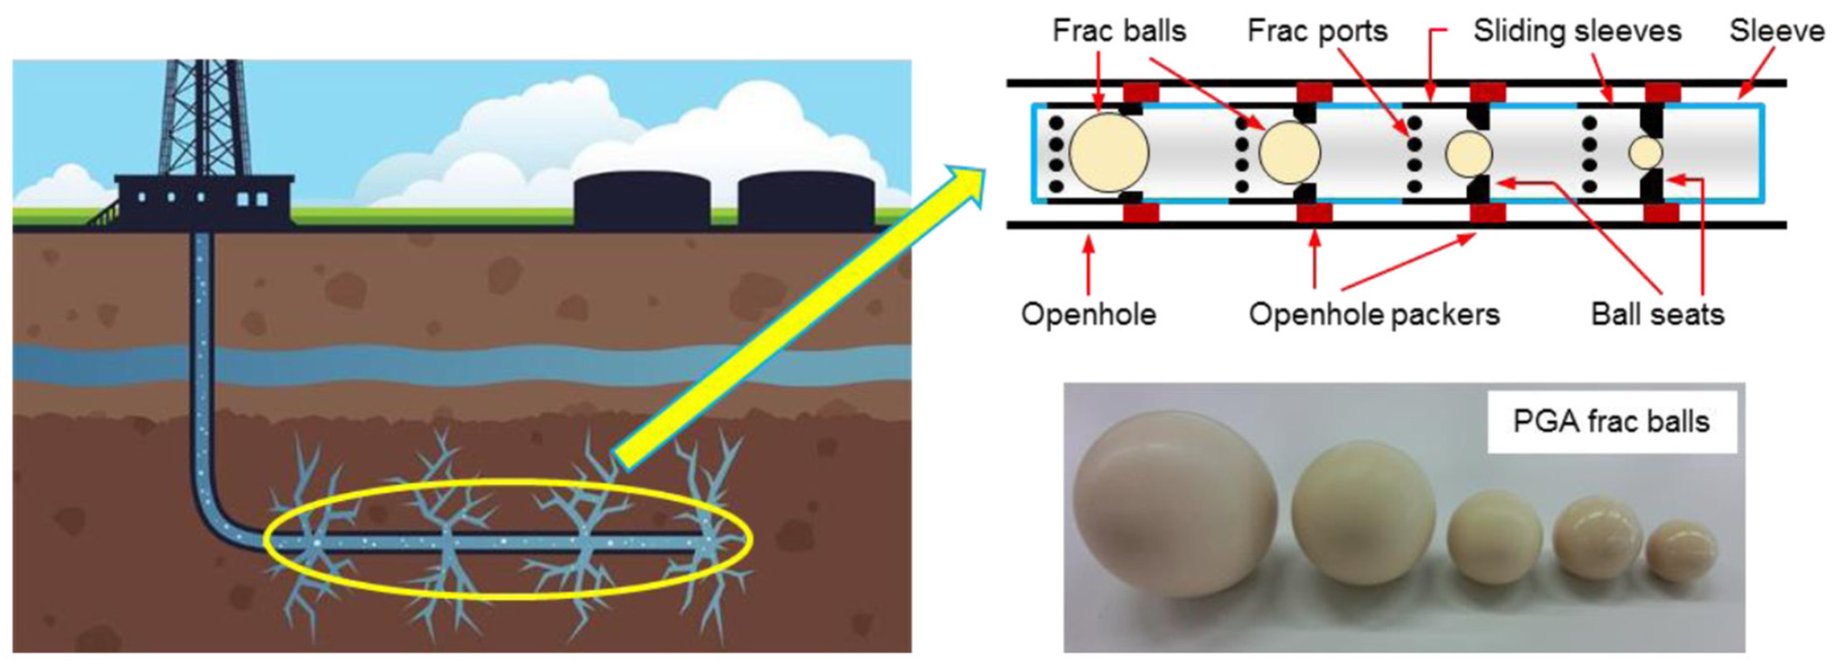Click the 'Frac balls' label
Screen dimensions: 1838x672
point(1119,31)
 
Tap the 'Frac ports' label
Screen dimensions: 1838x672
point(1317,31)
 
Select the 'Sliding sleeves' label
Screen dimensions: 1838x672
point(1578,31)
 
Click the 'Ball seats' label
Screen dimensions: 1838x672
point(1658,314)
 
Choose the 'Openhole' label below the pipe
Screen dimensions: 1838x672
point(1088,314)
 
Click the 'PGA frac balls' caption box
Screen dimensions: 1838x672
point(1612,422)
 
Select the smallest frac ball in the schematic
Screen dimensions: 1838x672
point(1645,153)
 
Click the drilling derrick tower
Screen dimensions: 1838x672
point(203,118)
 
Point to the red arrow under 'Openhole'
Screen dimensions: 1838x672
point(1088,266)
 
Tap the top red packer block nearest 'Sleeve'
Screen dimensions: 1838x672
point(1662,93)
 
